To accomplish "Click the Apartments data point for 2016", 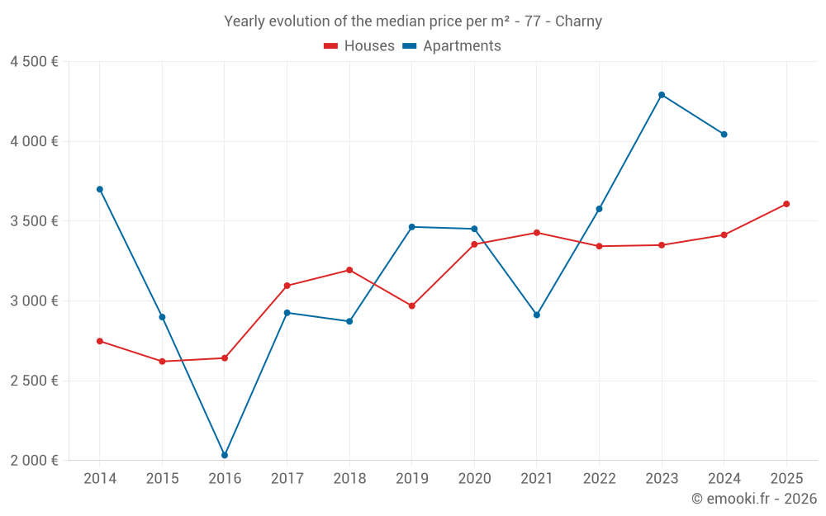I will [x=225, y=455].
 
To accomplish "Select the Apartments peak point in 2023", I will [x=662, y=95].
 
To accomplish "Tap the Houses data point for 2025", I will [x=786, y=204].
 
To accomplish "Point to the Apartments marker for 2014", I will [x=100, y=189].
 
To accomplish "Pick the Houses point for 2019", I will [x=412, y=306].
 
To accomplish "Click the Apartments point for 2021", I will [x=537, y=315].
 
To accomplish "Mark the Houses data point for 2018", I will [x=349, y=270].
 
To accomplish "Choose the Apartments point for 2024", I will [x=724, y=134].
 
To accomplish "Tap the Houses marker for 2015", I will [x=162, y=362].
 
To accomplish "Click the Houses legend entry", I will [x=359, y=46].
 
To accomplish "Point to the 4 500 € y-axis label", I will [x=34, y=62].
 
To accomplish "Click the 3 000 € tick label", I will [x=34, y=301].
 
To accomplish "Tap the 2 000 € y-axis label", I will [x=34, y=461].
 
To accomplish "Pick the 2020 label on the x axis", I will [x=474, y=479].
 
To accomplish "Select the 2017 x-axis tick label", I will [x=287, y=479].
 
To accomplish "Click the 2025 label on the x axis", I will [x=786, y=479].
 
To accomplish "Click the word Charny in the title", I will [x=578, y=21].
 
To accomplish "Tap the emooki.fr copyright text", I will [x=754, y=499].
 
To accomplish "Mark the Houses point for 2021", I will [x=537, y=233].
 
